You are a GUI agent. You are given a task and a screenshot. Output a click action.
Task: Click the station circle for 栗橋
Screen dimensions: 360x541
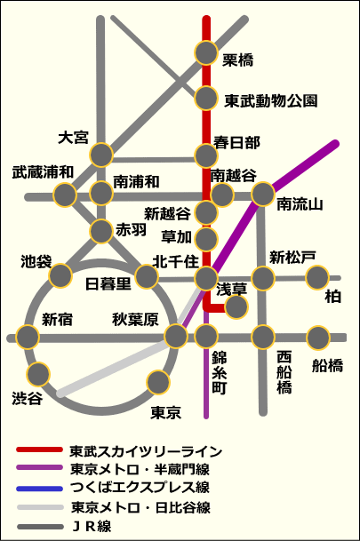pyautogui.click(x=206, y=52)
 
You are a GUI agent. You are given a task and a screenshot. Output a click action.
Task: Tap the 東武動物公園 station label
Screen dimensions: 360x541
pyautogui.click(x=270, y=100)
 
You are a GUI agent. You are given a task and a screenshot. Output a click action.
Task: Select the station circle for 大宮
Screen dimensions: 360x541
pyautogui.click(x=101, y=155)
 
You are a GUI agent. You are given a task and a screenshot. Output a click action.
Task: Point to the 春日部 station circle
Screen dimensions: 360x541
pyautogui.click(x=206, y=155)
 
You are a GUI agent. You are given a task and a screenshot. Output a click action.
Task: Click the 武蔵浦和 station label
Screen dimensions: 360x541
pyautogui.click(x=43, y=172)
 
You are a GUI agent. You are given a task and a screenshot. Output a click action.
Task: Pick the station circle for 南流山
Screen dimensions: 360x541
pyautogui.click(x=263, y=195)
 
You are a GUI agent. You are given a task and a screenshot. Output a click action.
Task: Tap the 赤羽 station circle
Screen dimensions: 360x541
pyautogui.click(x=101, y=231)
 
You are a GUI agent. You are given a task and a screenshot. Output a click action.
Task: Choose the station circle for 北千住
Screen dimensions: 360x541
pyautogui.click(x=206, y=278)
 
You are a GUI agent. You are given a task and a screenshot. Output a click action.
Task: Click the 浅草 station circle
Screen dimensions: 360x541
pyautogui.click(x=236, y=306)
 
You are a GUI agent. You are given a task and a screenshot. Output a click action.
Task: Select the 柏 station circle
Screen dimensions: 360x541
pyautogui.click(x=317, y=278)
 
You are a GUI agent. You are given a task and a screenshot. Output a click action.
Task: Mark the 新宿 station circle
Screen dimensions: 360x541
pyautogui.click(x=28, y=337)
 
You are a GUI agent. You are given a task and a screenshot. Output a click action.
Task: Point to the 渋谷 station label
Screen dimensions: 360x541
pyautogui.click(x=28, y=399)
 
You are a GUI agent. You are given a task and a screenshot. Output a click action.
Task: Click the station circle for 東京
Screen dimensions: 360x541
pyautogui.click(x=158, y=382)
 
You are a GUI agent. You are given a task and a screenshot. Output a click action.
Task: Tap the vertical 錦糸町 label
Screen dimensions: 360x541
pyautogui.click(x=220, y=373)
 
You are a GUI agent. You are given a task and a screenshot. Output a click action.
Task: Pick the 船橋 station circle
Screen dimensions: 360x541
pyautogui.click(x=318, y=338)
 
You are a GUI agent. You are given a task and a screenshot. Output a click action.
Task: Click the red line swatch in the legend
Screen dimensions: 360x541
pyautogui.click(x=40, y=450)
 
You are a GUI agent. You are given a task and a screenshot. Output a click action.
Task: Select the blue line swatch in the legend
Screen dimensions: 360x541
pyautogui.click(x=40, y=489)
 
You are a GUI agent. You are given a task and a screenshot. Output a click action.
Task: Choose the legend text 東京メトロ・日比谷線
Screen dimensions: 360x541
pyautogui.click(x=140, y=507)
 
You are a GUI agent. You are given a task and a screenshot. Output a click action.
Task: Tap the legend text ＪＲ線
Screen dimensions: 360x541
pyautogui.click(x=92, y=527)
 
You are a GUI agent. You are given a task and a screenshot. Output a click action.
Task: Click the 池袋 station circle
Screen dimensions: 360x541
pyautogui.click(x=60, y=275)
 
